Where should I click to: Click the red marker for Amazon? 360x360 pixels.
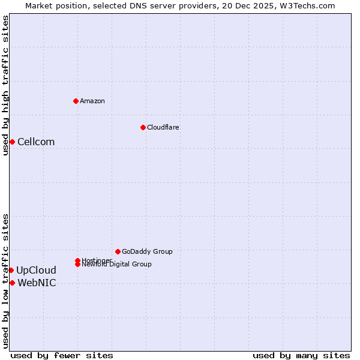(x=76, y=101)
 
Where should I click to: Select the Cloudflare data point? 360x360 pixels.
(x=143, y=127)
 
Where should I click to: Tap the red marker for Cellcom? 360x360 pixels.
(x=12, y=142)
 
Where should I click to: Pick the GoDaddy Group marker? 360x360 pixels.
(x=118, y=251)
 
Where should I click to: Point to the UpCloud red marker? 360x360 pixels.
(x=11, y=270)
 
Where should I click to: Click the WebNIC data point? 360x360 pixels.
(x=12, y=283)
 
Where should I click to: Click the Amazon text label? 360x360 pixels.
(x=92, y=101)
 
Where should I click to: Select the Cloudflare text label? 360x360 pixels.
(x=163, y=127)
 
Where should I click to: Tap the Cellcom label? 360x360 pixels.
(x=36, y=142)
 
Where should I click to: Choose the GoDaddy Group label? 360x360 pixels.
(x=147, y=251)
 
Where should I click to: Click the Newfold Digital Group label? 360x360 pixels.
(x=117, y=265)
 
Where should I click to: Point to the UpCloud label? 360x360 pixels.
(x=36, y=270)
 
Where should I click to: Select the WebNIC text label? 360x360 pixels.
(x=37, y=283)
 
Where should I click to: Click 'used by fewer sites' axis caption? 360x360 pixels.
(x=62, y=355)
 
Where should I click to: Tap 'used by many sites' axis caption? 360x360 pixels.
(x=301, y=355)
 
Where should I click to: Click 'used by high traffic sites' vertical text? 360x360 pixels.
(x=5, y=85)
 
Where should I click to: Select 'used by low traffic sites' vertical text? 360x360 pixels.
(x=5, y=281)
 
